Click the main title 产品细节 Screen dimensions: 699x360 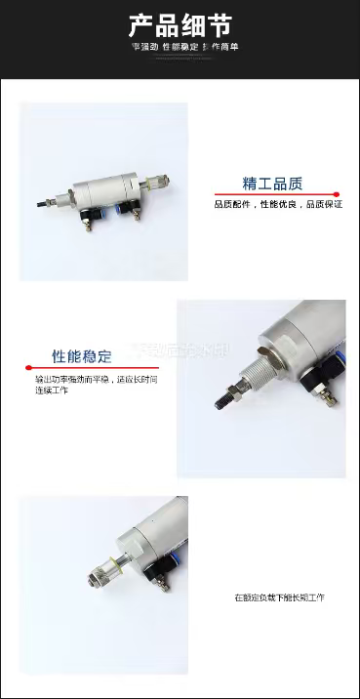point(180,25)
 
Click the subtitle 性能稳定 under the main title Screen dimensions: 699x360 point(180,46)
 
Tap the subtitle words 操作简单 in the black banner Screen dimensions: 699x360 point(220,46)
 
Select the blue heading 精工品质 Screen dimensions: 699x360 point(272,184)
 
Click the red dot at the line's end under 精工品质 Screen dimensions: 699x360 point(337,193)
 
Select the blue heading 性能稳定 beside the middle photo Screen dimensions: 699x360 point(82,356)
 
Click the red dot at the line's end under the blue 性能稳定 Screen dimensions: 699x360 point(23,367)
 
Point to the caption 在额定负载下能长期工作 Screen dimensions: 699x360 point(279,596)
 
